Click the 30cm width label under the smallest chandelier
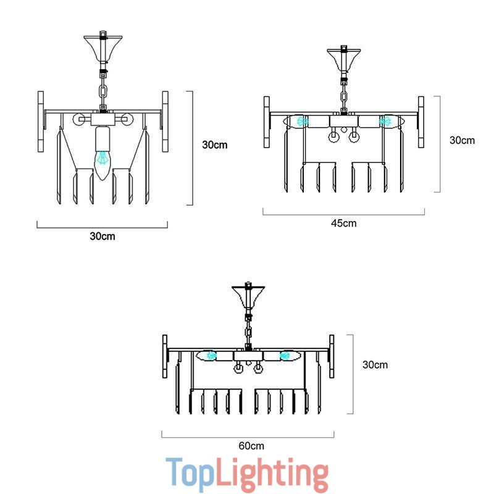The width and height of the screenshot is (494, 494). click(x=102, y=236)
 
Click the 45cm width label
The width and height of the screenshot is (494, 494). click(x=343, y=223)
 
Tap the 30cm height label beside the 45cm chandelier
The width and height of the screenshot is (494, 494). click(x=462, y=140)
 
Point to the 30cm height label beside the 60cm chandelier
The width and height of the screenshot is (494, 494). click(x=375, y=364)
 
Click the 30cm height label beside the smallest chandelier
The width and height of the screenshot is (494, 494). click(x=215, y=145)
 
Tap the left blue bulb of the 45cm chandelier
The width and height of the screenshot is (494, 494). click(x=302, y=121)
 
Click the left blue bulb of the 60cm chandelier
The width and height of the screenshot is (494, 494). click(x=211, y=356)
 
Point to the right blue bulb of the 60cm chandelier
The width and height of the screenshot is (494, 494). click(x=285, y=356)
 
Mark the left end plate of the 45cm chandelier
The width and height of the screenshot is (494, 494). click(x=266, y=122)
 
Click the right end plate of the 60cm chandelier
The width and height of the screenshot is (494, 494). click(x=332, y=356)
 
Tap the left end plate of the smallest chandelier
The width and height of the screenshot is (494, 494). click(x=41, y=122)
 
